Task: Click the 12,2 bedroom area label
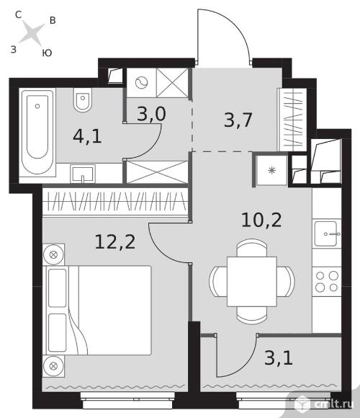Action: click(x=115, y=241)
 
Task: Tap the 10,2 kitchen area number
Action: click(x=261, y=220)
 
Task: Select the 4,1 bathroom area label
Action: click(x=87, y=136)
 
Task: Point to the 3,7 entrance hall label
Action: click(x=238, y=120)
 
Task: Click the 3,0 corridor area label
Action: click(x=151, y=114)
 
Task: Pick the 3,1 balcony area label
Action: click(x=279, y=357)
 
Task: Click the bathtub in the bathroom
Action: click(x=37, y=132)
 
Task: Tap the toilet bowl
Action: click(x=83, y=100)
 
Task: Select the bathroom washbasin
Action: click(x=83, y=174)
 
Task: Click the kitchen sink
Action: click(x=326, y=234)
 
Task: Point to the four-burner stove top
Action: click(x=327, y=281)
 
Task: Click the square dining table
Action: click(x=252, y=282)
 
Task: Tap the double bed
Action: click(x=99, y=310)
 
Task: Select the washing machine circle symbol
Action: click(x=141, y=83)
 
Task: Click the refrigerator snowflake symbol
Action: click(x=271, y=170)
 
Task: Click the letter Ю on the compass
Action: click(x=47, y=53)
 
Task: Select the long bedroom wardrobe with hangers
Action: click(x=115, y=201)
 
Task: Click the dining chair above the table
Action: click(x=252, y=248)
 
